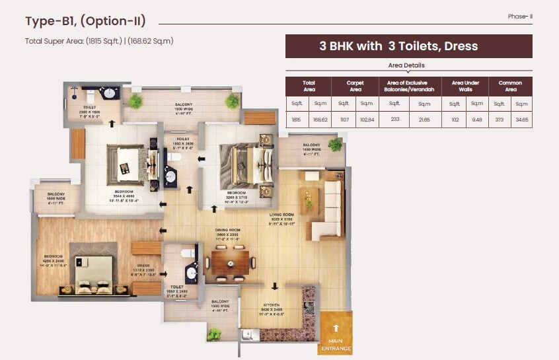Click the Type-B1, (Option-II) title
tap(85, 21)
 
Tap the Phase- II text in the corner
tap(520, 16)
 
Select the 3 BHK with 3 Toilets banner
tap(408, 46)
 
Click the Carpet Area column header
tap(355, 87)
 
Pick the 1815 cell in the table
tap(297, 120)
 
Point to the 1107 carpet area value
tap(344, 120)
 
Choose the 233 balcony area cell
tap(394, 120)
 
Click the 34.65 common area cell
tap(521, 120)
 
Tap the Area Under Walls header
tap(465, 87)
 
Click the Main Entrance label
tap(336, 345)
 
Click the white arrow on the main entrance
tap(336, 328)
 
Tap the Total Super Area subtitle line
tap(98, 41)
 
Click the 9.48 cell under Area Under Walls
tap(476, 120)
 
